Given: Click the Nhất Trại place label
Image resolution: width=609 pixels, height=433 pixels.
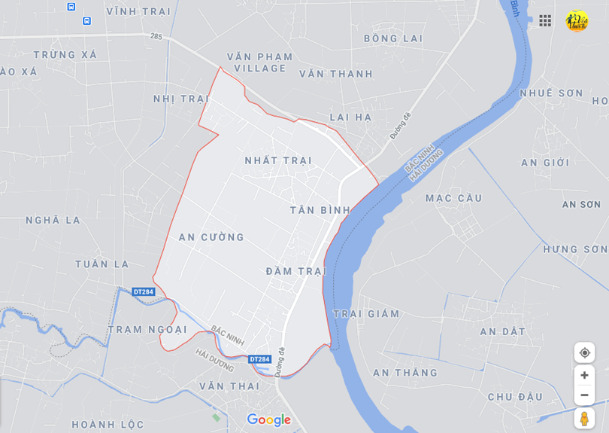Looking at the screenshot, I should [x=278, y=160].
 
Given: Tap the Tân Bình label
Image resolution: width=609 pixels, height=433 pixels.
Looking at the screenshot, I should [x=320, y=210].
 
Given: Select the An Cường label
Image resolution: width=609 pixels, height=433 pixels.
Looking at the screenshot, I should [x=211, y=237].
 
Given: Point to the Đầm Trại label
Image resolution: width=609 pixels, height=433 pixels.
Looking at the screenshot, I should [x=295, y=271].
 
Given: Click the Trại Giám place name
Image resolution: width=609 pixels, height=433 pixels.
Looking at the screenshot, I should [x=366, y=314].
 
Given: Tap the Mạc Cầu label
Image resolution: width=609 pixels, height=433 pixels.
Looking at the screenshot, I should [x=453, y=198].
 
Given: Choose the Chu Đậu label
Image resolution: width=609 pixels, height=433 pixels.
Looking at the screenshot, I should [x=515, y=397].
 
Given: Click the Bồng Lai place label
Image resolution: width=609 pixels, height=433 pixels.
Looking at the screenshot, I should [x=393, y=38].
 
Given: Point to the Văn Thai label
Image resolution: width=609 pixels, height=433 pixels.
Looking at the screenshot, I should [x=229, y=386].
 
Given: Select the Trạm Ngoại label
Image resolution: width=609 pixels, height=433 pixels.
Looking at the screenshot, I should [x=147, y=330].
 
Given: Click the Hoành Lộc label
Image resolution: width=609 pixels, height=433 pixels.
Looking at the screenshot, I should [x=108, y=424].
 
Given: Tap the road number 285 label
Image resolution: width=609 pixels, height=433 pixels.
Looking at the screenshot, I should [x=156, y=35].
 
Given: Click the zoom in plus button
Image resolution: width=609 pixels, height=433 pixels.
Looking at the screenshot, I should [x=584, y=375].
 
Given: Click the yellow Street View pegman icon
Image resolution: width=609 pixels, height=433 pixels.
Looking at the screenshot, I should [x=584, y=419].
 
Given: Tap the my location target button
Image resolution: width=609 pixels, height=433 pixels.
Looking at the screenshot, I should [x=584, y=352].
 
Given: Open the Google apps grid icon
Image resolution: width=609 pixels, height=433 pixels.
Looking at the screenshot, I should [x=545, y=20].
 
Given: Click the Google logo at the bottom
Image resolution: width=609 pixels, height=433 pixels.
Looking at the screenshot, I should [x=268, y=420].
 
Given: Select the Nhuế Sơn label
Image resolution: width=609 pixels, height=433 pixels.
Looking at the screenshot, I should [x=551, y=93].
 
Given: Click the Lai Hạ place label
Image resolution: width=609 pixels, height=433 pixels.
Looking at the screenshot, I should [x=351, y=117].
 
